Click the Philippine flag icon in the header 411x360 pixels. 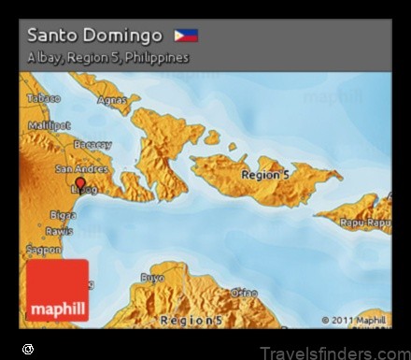point(186,36)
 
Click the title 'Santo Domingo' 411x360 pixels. point(94,36)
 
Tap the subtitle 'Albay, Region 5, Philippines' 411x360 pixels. point(107,58)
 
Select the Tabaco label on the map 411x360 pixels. point(43,97)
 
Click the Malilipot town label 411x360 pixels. point(49,124)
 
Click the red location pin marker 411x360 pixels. point(80,183)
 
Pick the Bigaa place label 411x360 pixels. point(63,215)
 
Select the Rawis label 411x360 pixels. point(59,231)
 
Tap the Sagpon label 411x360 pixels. point(44,250)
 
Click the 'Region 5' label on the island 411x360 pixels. point(264,174)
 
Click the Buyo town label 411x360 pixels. point(152,278)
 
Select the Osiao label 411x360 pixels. point(244,293)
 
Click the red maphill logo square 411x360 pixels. point(58,291)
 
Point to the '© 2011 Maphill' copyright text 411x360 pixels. point(353,320)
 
